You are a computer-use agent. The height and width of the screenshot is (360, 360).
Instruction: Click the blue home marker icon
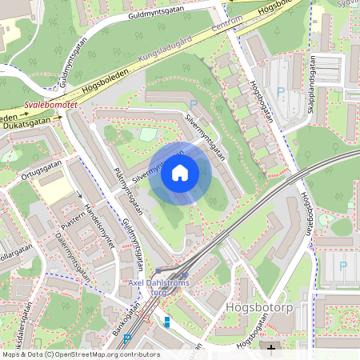[x=180, y=173]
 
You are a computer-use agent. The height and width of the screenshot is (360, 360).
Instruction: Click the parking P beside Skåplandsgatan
[x=280, y=92]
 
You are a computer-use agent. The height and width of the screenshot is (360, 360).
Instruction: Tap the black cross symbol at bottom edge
[x=271, y=349]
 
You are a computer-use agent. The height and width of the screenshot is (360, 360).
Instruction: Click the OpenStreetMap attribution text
[x=80, y=354]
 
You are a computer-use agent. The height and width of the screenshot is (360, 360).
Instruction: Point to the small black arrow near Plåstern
[x=80, y=196]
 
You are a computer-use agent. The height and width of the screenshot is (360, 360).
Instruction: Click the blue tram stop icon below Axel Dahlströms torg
[x=166, y=322]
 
